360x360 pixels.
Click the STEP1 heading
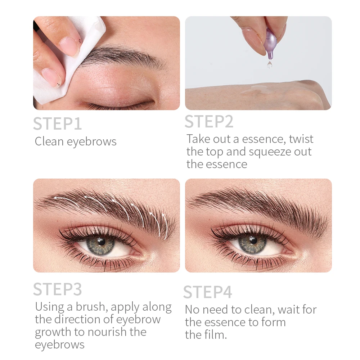point(57,123)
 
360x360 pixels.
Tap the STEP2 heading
point(209,121)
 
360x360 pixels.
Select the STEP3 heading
point(57,289)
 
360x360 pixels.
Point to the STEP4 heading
point(207,292)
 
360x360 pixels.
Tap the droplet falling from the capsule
point(269,65)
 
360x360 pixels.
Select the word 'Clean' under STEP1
point(49,141)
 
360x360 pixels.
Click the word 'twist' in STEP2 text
point(301,139)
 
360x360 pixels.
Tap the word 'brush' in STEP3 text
point(91,307)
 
